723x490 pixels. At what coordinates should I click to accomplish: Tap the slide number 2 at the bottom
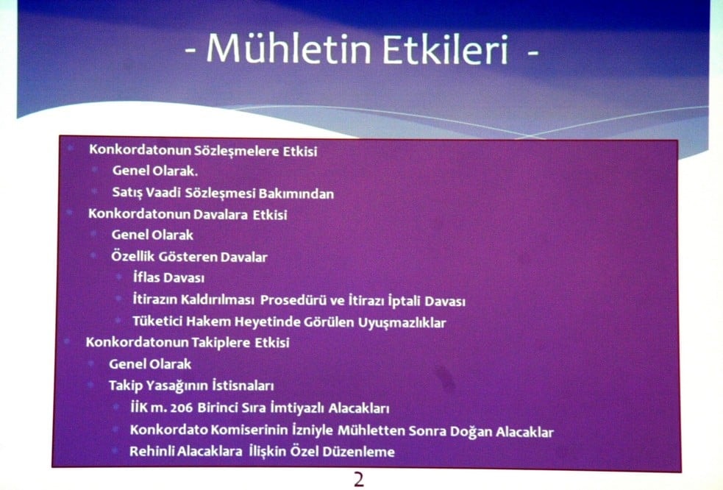(359, 480)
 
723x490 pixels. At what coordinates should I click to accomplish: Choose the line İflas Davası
(168, 278)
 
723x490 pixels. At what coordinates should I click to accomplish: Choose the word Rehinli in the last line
(151, 451)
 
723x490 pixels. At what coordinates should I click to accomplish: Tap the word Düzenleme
(360, 451)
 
